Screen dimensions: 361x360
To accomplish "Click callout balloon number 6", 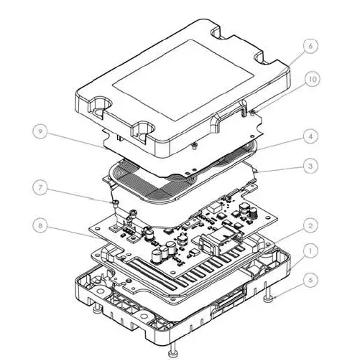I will (310, 46).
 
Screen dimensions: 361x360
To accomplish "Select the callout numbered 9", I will (42, 131).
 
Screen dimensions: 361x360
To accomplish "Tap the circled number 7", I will (42, 189).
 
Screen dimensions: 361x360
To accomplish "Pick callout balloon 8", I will (42, 225).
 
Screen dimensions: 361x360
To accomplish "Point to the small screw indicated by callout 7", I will (117, 205).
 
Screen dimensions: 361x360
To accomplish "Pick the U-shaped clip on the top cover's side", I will (228, 115).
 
